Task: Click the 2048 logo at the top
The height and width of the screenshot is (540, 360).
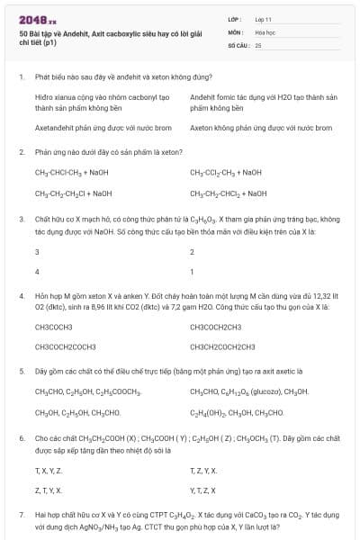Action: [39, 19]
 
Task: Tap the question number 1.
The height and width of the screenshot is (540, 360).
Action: [21, 76]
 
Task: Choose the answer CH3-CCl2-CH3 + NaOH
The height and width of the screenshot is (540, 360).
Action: [226, 172]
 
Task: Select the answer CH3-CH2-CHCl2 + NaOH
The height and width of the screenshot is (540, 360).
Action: [229, 193]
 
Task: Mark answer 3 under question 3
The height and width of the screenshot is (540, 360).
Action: [37, 251]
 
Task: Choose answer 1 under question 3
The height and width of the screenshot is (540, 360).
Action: [192, 271]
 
